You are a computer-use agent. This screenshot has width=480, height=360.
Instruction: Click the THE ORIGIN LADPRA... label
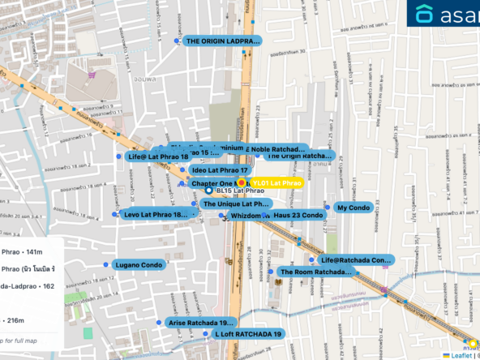(222, 41)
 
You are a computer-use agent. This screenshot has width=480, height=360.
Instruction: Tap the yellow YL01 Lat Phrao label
(276, 184)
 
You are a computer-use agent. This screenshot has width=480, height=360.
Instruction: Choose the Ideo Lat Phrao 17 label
(219, 170)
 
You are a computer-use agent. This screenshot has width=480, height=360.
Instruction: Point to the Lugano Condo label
(139, 265)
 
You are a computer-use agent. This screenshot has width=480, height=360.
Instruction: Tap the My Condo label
(353, 208)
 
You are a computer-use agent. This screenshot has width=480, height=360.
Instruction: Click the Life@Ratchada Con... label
(355, 260)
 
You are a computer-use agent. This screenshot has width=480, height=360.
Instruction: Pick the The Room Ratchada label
(315, 272)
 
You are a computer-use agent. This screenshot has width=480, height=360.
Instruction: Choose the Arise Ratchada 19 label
(201, 323)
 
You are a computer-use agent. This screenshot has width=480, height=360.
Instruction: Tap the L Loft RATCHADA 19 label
(247, 333)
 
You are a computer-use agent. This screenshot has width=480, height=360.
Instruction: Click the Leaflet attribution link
(462, 354)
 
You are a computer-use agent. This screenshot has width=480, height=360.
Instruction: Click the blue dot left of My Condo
(328, 208)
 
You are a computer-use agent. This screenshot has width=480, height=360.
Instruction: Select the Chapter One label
(212, 184)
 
